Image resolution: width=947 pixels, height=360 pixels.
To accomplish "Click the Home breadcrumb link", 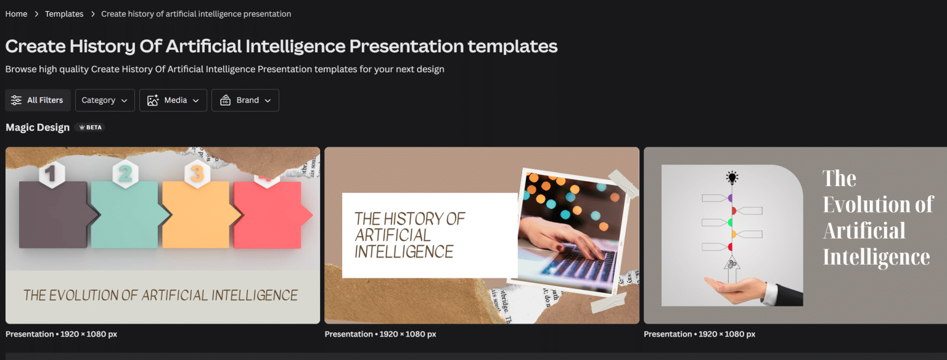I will [16, 14].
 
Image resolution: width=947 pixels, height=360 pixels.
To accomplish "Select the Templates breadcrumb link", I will [64, 14].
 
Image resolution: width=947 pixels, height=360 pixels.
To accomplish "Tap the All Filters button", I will [38, 100].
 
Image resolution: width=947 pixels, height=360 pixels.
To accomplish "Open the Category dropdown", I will [105, 100].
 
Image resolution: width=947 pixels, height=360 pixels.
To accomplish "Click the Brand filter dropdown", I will [245, 100].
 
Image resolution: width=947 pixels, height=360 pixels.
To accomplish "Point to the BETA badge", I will [90, 128].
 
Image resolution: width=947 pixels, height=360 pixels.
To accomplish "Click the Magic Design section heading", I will [38, 128].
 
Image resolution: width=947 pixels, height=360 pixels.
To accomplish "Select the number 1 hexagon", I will [52, 174].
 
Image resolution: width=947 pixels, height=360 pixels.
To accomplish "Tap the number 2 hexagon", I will [125, 174].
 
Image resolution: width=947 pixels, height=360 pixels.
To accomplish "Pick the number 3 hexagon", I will [196, 174].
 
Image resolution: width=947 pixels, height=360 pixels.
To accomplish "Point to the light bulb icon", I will [732, 178].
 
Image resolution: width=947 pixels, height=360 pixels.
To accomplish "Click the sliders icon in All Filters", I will [16, 100].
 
